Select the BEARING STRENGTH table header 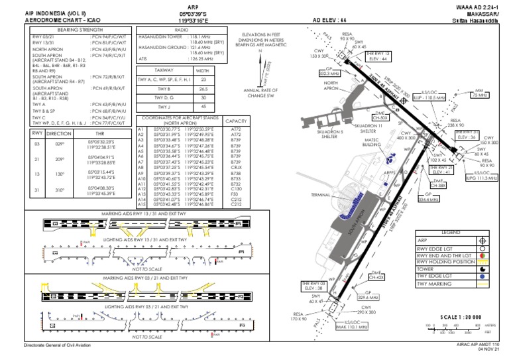tap(68, 30)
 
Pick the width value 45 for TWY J tap(203, 107)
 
